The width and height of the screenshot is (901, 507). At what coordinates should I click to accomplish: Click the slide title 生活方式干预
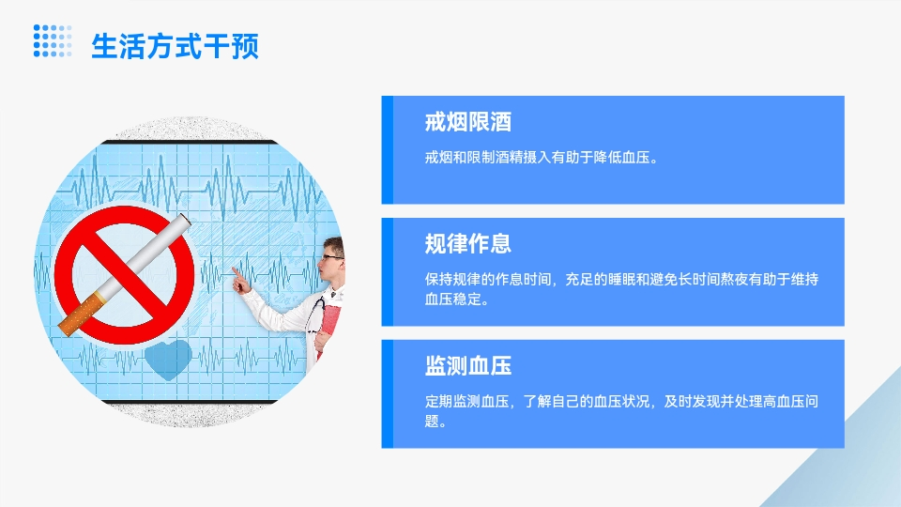176,46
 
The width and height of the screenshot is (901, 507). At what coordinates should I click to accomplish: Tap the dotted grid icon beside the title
53,40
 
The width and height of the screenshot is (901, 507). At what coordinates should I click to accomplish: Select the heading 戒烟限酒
467,122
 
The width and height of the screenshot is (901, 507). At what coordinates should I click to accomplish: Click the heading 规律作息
467,244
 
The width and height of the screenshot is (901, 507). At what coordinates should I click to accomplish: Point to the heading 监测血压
467,365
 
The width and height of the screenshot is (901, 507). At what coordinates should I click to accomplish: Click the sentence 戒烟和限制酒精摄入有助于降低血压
537,157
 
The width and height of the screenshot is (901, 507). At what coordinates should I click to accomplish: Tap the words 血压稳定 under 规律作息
452,299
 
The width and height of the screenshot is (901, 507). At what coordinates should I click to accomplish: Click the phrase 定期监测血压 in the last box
467,401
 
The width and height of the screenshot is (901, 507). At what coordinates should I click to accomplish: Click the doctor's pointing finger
235,271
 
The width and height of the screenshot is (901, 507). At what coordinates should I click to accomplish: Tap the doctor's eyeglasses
332,257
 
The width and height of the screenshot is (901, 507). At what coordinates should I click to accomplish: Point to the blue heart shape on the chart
168,360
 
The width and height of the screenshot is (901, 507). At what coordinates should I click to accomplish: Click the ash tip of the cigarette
185,220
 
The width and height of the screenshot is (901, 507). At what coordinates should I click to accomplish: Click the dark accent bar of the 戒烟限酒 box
388,150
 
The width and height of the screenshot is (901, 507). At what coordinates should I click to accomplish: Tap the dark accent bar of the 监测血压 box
388,393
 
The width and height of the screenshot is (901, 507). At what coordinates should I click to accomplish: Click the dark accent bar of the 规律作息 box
388,272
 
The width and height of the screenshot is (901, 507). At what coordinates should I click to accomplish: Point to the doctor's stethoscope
316,315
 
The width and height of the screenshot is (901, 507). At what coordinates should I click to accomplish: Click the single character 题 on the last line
432,421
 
